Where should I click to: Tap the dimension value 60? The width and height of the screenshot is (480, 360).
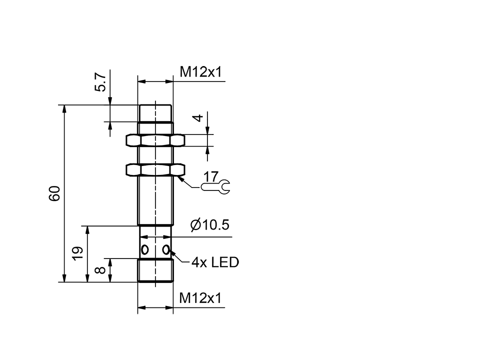pos(54,193)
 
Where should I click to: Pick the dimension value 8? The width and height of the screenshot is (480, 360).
pos(100,270)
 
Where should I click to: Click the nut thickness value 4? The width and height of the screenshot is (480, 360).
pos(198,118)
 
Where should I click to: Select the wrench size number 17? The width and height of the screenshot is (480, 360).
pos(211,176)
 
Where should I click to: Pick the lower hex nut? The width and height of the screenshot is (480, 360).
pos(155,170)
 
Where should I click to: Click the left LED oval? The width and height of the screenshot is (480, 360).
pos(145,249)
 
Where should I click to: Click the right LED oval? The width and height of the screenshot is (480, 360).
pos(165,249)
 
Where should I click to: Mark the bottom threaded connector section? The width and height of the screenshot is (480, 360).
pos(155,270)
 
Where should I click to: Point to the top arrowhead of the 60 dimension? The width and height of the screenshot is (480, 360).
pos(64,109)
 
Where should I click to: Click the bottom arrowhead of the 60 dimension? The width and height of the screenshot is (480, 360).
pos(64,278)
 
